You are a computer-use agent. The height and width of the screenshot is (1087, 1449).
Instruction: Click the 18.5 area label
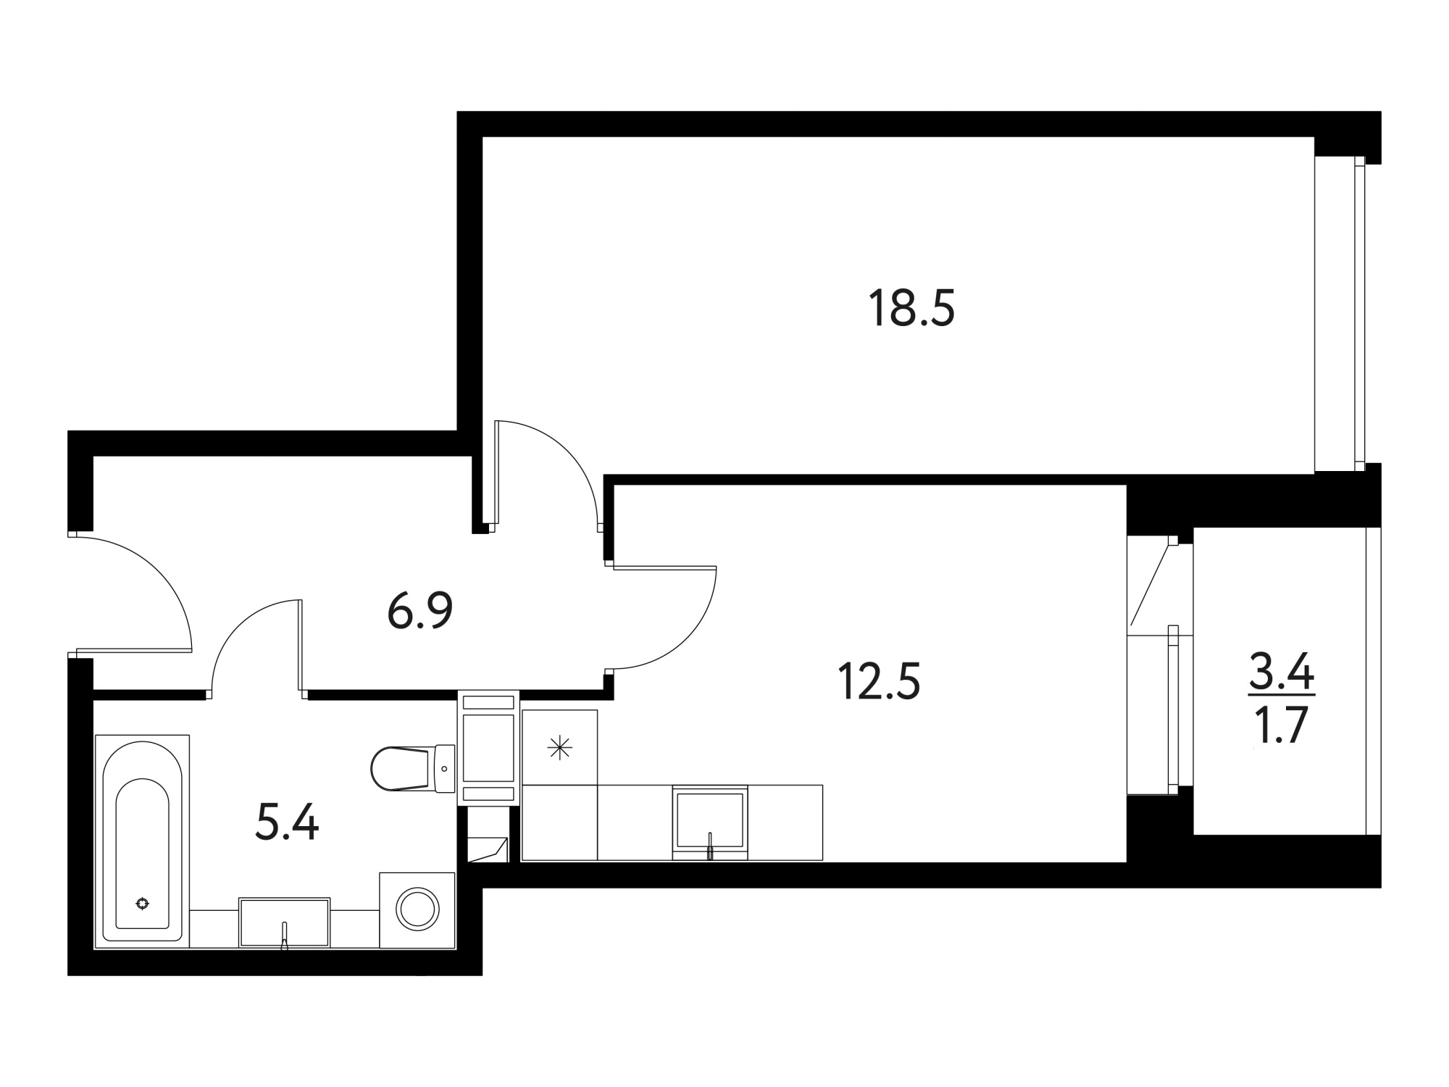(x=911, y=308)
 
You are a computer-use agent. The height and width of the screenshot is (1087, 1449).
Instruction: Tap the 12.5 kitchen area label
(x=878, y=682)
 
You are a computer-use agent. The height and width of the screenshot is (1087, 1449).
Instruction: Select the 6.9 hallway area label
(x=420, y=610)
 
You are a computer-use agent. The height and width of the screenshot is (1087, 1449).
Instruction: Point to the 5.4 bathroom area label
(x=287, y=824)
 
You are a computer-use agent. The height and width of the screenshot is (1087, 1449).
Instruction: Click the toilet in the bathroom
(x=412, y=769)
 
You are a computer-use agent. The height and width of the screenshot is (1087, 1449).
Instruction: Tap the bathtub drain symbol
(x=143, y=903)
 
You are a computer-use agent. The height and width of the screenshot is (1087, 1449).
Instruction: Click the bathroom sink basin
(x=285, y=922)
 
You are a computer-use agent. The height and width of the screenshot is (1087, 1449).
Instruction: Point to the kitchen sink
(x=710, y=820)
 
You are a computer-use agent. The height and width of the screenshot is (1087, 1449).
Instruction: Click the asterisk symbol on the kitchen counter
(x=559, y=748)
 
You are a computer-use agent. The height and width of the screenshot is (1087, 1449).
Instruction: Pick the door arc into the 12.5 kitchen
(x=688, y=638)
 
